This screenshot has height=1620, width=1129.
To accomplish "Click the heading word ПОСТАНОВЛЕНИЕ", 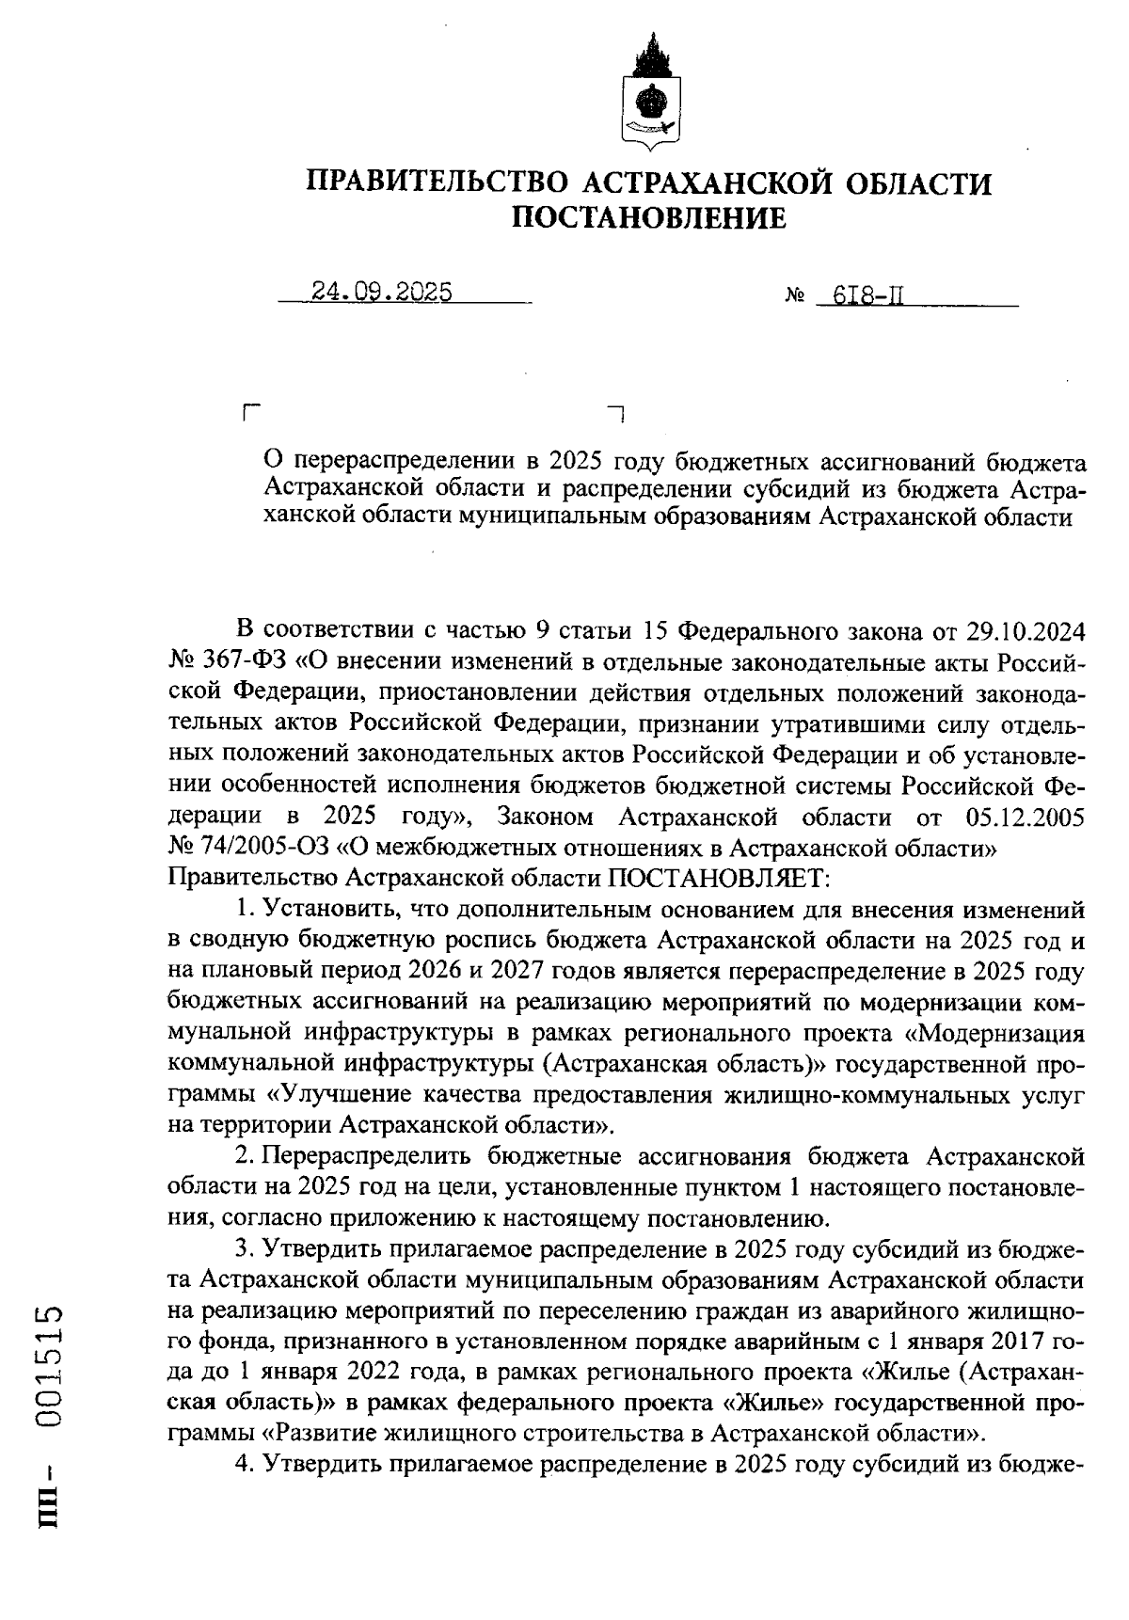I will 648,218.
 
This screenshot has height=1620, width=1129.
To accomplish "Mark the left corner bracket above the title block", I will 250,411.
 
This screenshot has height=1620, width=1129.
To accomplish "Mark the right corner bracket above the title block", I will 617,411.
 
